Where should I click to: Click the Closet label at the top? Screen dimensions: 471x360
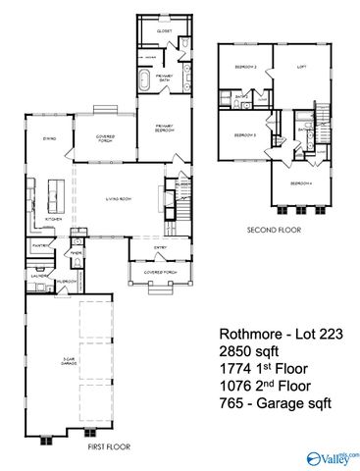point(163,31)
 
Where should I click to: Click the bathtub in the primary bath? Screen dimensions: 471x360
point(142,79)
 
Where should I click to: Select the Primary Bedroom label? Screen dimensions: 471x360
point(164,129)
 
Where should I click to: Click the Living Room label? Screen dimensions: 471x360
point(120,201)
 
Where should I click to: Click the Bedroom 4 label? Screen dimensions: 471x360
point(299,183)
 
